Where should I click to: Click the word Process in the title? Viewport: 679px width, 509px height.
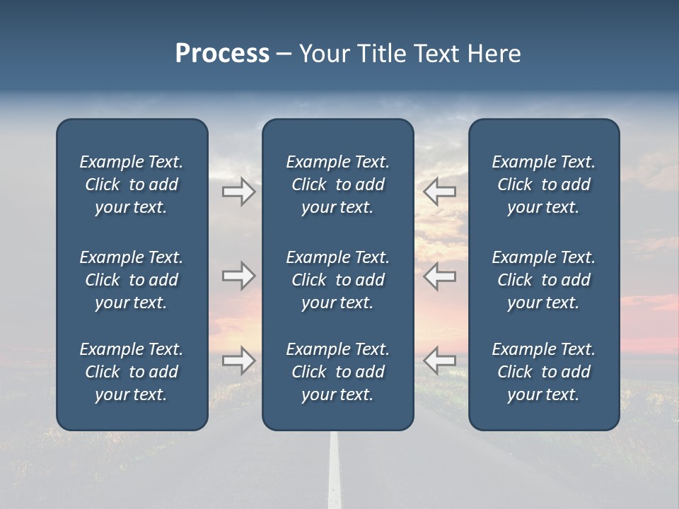coord(222,54)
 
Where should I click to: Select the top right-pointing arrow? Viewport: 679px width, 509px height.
coord(239,192)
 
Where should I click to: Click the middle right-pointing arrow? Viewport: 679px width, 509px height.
coord(239,276)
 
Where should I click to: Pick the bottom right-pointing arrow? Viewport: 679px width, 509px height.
coord(239,360)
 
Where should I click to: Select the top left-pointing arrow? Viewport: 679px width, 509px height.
coord(439,192)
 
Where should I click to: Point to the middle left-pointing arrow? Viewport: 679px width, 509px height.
coord(439,276)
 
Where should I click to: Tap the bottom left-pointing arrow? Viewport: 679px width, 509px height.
coord(439,360)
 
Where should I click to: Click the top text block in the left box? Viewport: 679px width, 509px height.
coord(132,185)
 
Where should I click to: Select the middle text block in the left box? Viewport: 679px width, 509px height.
coord(132,280)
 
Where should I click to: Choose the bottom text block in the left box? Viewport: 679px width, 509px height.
coord(132,372)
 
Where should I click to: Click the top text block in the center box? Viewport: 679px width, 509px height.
coord(338,185)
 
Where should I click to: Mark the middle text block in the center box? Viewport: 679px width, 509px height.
coord(338,280)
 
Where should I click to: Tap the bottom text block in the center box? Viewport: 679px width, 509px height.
coord(338,372)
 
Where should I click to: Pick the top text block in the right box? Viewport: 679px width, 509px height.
coord(544,185)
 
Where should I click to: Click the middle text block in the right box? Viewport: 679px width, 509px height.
coord(544,280)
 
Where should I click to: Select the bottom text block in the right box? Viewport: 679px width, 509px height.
coord(544,372)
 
